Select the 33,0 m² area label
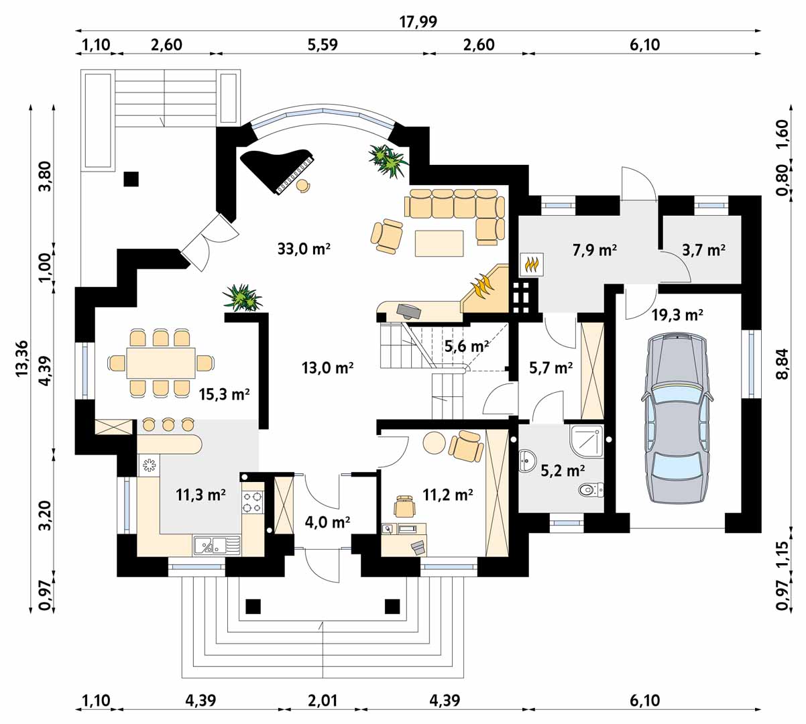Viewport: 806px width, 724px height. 304,249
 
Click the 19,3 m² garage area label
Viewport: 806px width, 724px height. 677,315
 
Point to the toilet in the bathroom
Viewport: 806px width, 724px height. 591,489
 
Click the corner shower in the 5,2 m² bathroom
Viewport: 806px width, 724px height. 587,441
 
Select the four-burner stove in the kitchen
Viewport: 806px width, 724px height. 253,502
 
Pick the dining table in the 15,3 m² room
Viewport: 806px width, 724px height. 161,363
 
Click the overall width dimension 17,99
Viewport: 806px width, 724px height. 418,21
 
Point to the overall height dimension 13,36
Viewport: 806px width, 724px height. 21,358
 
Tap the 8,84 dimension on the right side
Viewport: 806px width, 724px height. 782,364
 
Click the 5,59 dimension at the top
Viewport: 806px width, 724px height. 323,44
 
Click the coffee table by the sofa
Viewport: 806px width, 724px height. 439,243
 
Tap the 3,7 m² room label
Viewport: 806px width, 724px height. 703,250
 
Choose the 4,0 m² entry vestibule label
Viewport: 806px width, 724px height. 327,522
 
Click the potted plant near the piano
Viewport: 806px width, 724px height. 388,160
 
